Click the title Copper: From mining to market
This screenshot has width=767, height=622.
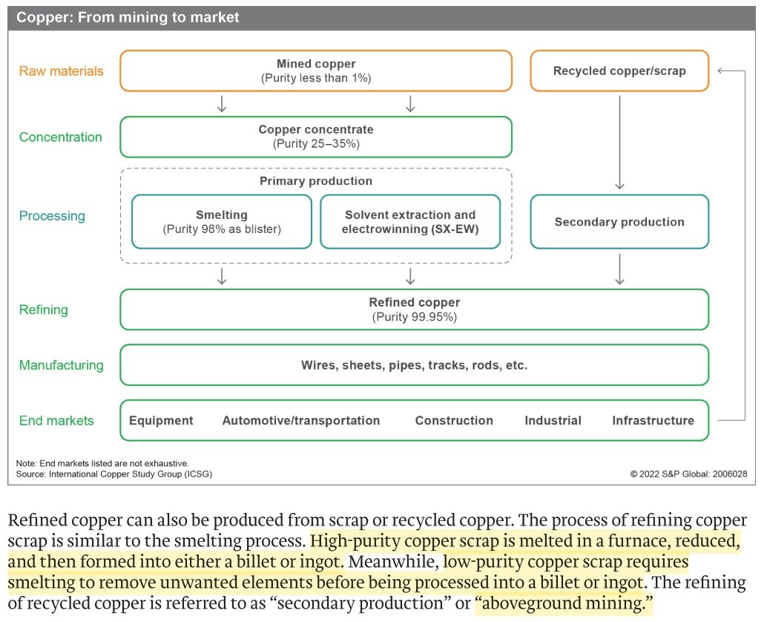click(128, 17)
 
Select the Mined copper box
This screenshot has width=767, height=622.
click(316, 71)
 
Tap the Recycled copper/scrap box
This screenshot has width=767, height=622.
click(619, 71)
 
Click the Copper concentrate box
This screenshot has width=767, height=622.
click(316, 137)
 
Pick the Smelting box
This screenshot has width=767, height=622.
click(222, 221)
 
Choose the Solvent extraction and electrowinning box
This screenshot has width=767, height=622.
click(410, 221)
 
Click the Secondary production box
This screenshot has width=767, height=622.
click(619, 221)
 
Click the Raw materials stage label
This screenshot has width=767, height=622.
click(61, 71)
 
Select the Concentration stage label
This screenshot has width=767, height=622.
click(61, 137)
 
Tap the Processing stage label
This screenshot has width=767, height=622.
click(52, 216)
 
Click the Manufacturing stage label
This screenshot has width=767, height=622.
click(61, 365)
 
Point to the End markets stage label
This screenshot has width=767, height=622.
click(56, 421)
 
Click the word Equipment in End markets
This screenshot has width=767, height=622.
click(161, 421)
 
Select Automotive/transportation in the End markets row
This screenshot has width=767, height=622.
click(301, 421)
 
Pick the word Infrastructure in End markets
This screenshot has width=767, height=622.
click(653, 421)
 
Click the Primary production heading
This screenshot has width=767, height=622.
click(316, 181)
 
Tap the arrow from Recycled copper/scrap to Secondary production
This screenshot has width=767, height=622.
click(619, 141)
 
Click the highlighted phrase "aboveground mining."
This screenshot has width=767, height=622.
click(564, 606)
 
